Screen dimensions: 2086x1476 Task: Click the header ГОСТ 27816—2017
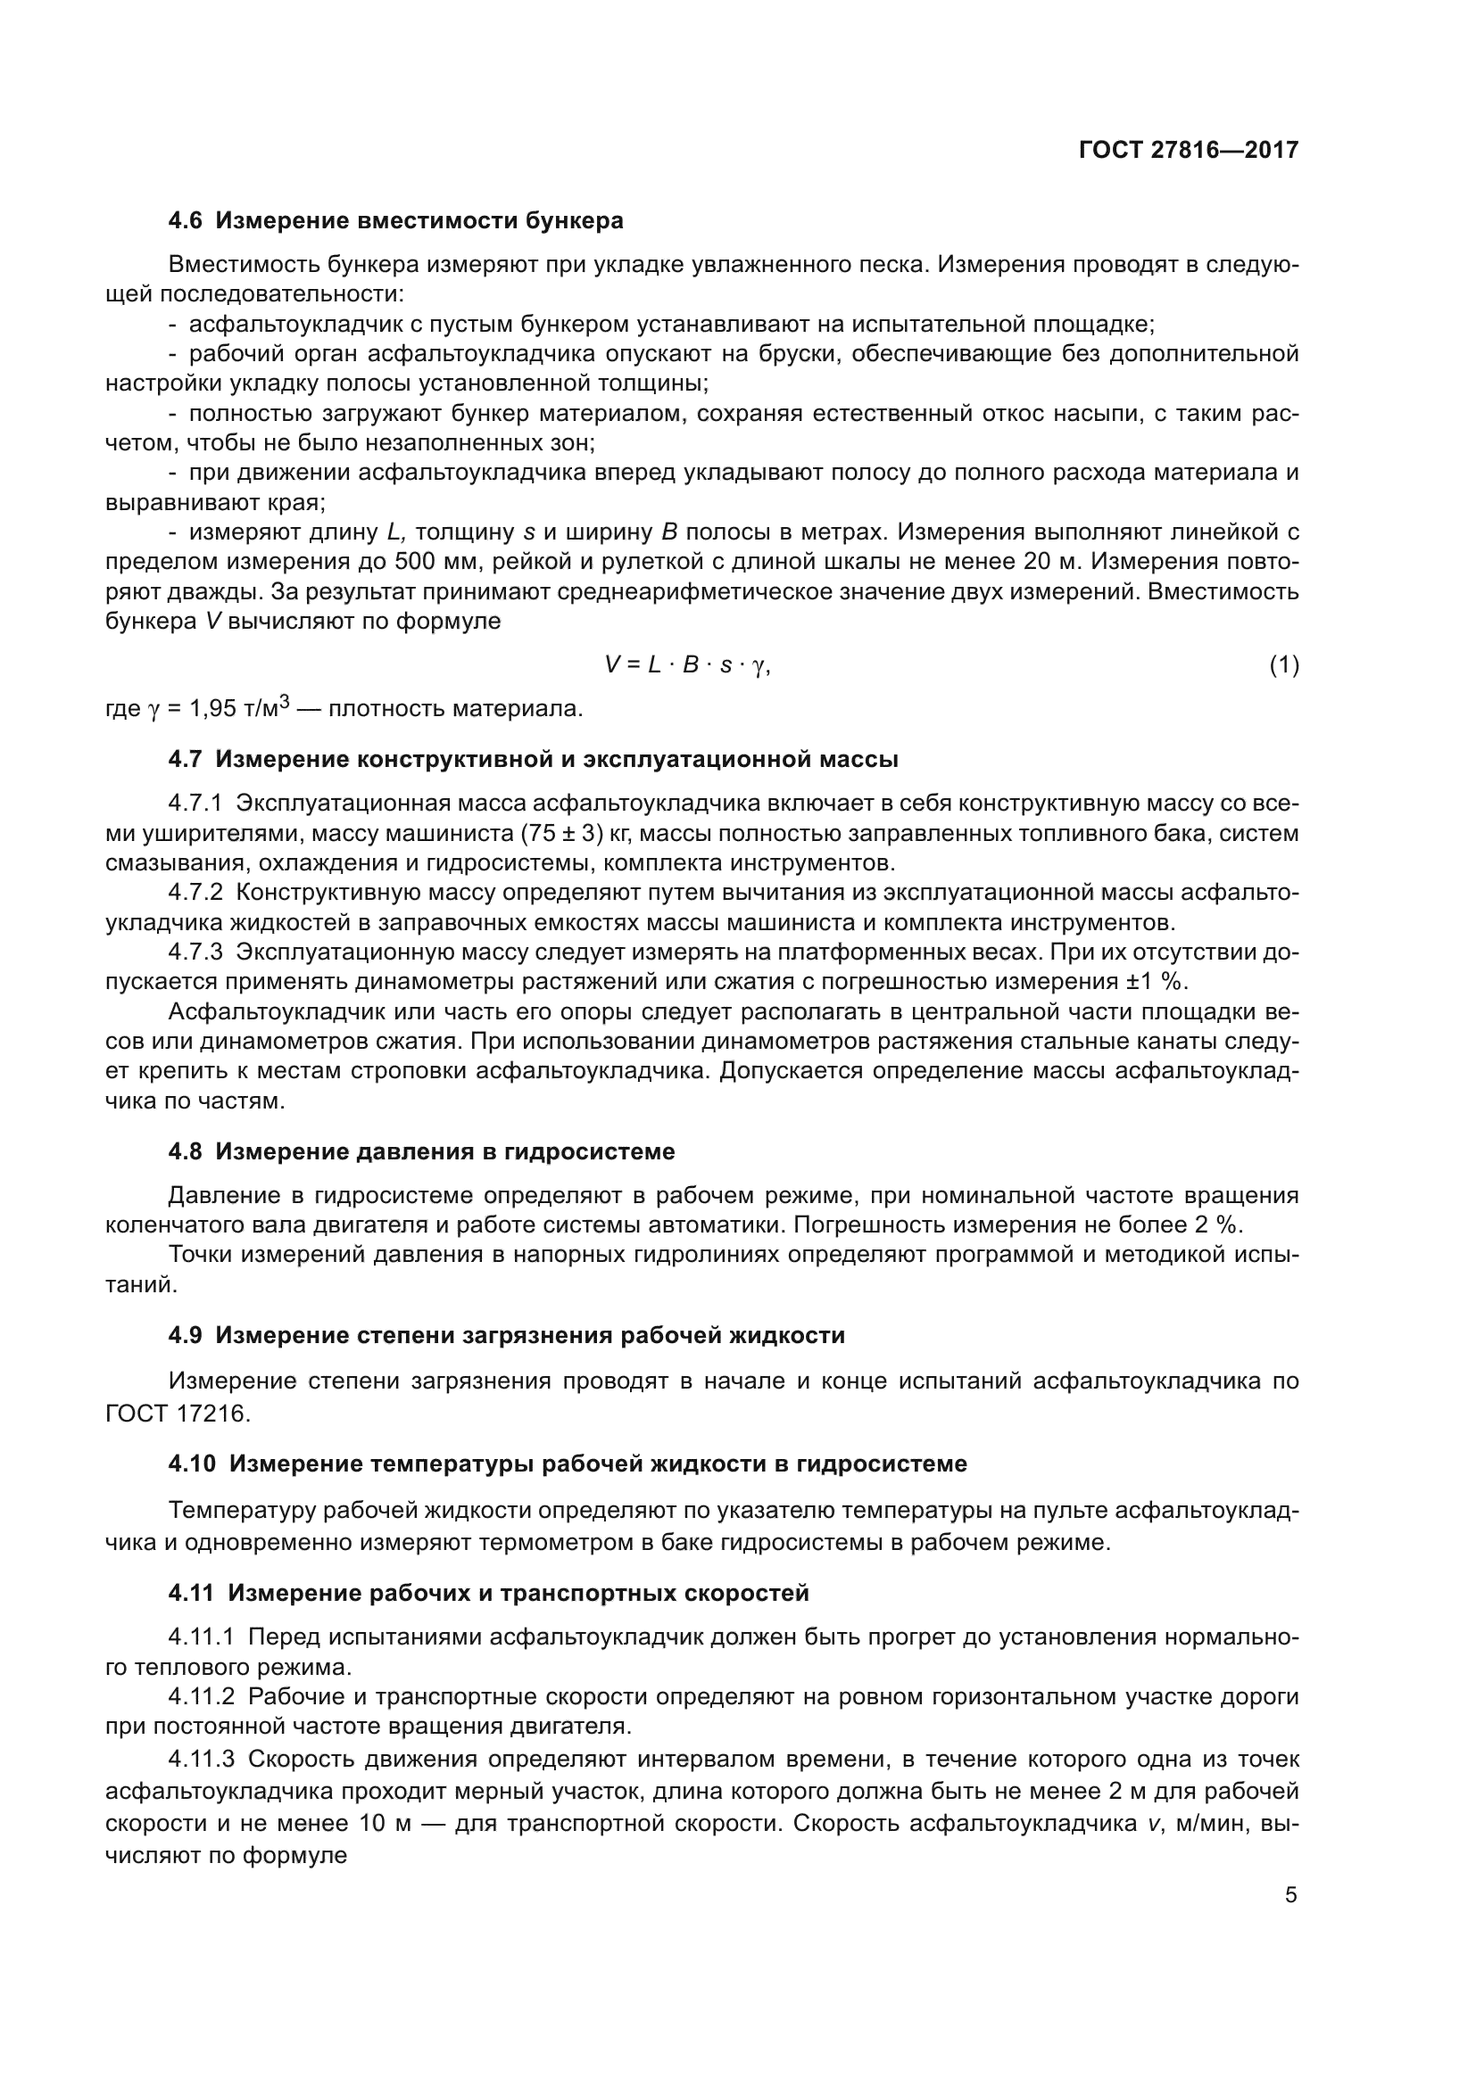(x=1188, y=150)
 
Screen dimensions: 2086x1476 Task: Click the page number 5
(x=1290, y=1895)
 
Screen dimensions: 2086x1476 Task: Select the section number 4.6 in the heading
(x=186, y=221)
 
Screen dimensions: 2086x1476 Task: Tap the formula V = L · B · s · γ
(x=687, y=665)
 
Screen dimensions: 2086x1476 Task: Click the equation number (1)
(x=1283, y=665)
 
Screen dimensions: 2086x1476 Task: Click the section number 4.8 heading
(x=186, y=1152)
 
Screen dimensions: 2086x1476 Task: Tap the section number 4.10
(x=192, y=1463)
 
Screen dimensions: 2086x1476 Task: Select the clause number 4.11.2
(x=201, y=1697)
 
